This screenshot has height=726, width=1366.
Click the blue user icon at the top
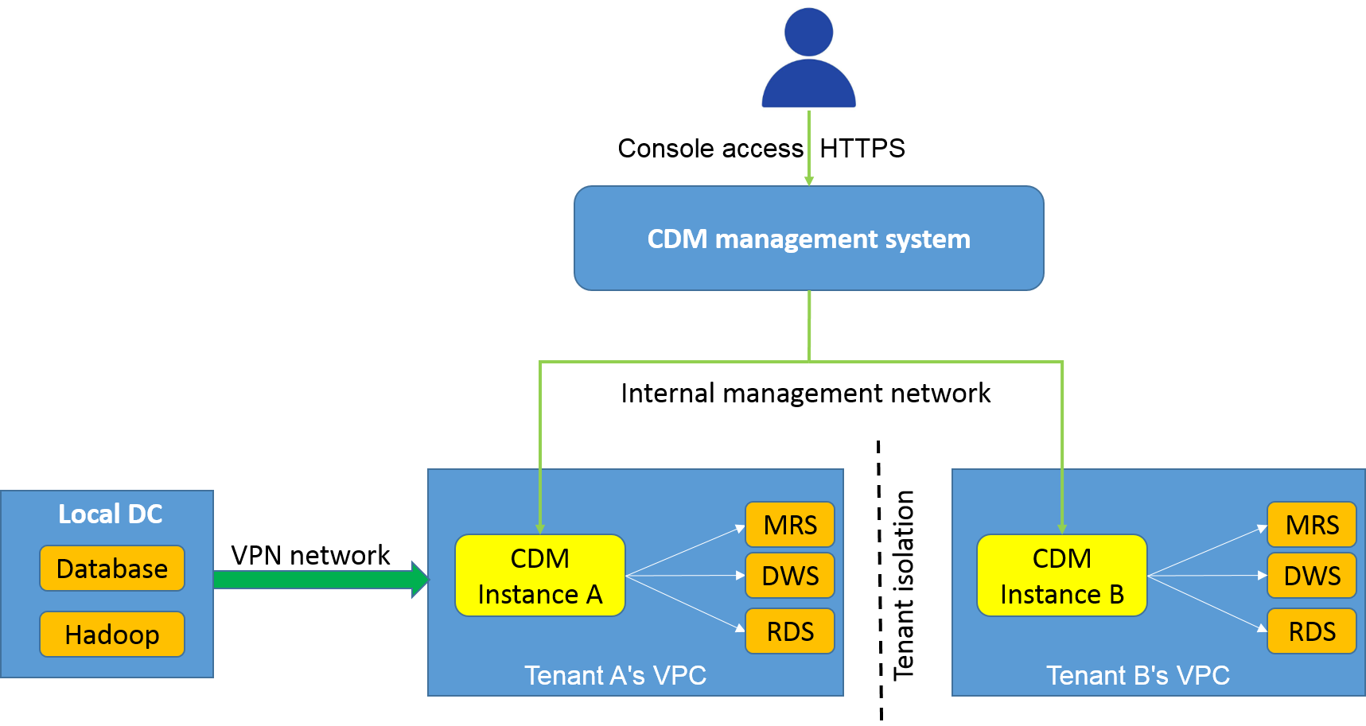(x=808, y=56)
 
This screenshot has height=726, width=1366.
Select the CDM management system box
(x=808, y=239)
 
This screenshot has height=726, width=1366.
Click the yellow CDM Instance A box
(x=539, y=576)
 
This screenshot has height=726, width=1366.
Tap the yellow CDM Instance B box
(x=1061, y=576)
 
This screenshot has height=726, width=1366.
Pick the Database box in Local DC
(x=112, y=569)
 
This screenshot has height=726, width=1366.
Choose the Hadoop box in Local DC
(x=112, y=635)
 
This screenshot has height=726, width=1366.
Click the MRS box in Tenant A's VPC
(x=789, y=525)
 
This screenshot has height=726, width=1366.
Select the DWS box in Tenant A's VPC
(x=789, y=576)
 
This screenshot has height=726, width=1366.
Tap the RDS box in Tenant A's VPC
(x=789, y=631)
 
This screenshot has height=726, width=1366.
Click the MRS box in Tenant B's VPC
(x=1311, y=525)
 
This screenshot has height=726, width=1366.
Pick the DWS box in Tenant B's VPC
(x=1311, y=576)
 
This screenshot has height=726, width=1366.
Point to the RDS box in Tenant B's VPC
(x=1311, y=631)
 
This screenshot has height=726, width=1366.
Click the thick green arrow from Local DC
(x=318, y=580)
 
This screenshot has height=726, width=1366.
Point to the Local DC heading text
(x=110, y=514)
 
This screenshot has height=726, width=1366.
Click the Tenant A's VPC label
(x=615, y=676)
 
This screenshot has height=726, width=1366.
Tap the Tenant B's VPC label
(x=1138, y=676)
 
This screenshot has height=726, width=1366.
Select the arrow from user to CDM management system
(x=809, y=148)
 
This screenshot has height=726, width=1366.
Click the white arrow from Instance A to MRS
(x=686, y=550)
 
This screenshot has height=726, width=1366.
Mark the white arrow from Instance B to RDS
(x=1208, y=603)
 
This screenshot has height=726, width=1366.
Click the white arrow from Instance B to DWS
(x=1208, y=575)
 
